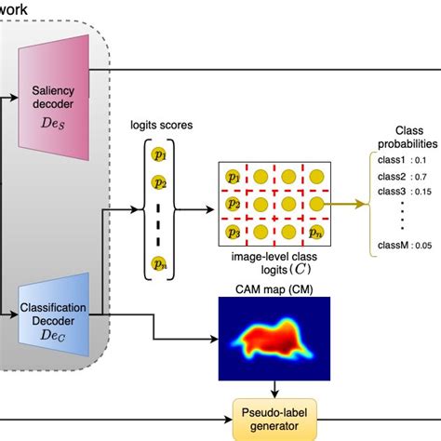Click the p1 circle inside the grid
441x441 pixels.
(234, 175)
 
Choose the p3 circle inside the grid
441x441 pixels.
(234, 231)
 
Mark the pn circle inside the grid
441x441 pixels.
(317, 231)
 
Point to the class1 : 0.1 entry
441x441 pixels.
(406, 160)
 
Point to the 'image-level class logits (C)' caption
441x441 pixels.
(276, 261)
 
